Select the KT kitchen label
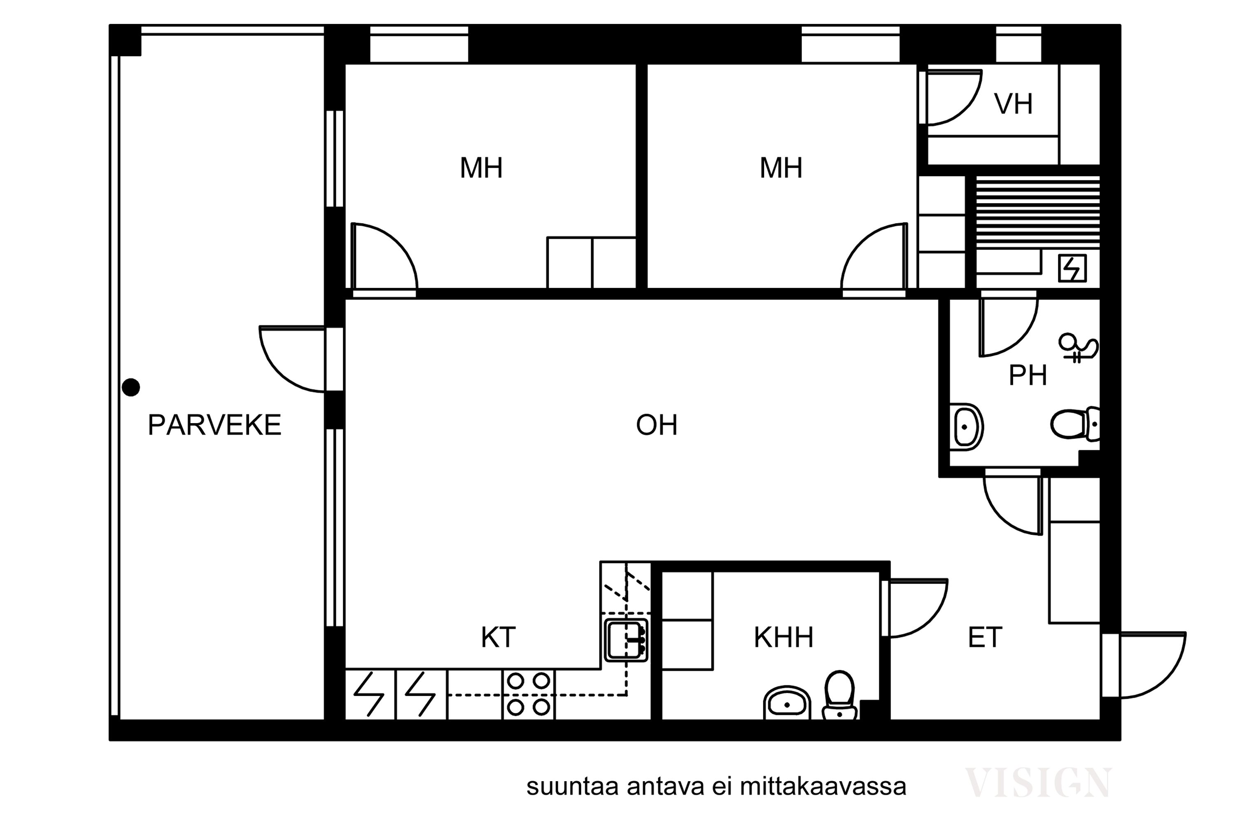tap(498, 637)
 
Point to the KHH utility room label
tap(783, 637)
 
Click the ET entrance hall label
tap(985, 637)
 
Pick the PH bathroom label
tap(1028, 375)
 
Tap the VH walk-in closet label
tap(1014, 104)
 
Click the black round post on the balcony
tap(131, 387)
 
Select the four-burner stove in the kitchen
tap(528, 694)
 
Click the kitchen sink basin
tap(626, 640)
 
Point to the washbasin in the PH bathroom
tap(966, 427)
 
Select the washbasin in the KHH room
tap(787, 703)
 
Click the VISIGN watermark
tap(1038, 783)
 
